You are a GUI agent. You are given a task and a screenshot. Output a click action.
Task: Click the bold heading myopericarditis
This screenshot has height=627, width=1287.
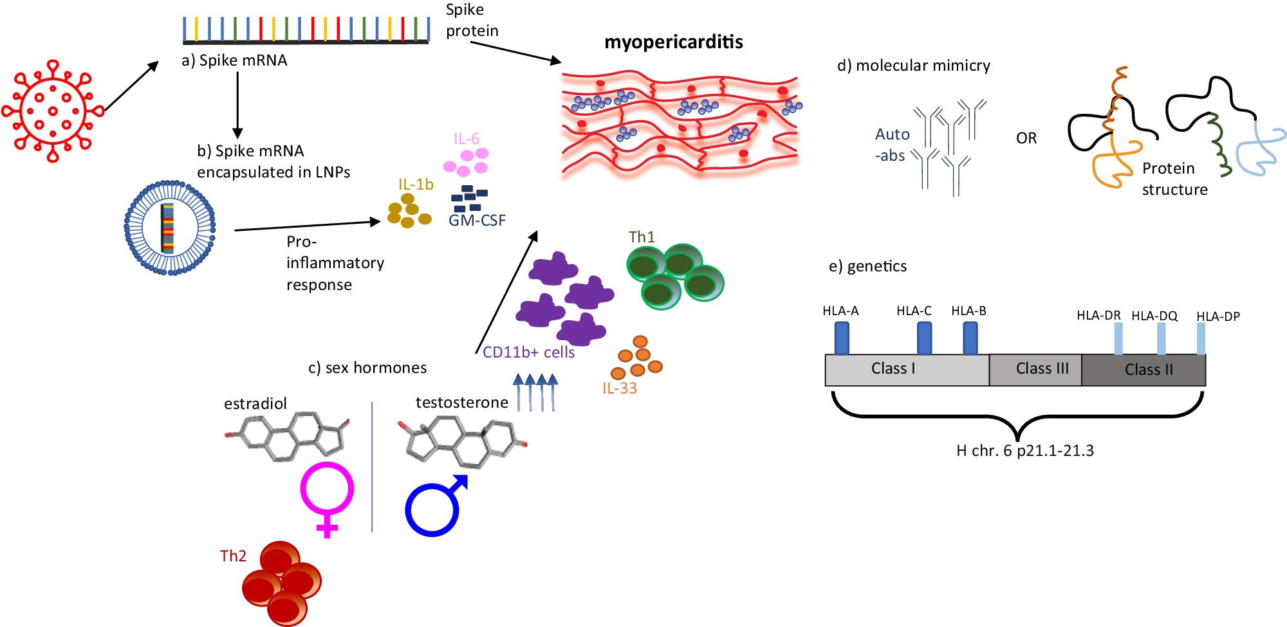[x=673, y=42]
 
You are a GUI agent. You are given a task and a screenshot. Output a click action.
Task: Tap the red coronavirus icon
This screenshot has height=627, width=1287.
[x=53, y=111]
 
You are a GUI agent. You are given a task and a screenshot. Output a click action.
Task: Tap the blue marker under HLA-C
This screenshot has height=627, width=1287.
[x=924, y=338]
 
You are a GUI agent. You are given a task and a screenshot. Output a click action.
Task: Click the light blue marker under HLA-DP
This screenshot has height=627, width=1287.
[x=1201, y=338]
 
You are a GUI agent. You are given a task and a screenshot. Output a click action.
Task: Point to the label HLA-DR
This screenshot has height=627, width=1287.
[x=1098, y=316]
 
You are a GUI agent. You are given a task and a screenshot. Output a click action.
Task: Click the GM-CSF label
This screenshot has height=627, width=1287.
[x=477, y=221]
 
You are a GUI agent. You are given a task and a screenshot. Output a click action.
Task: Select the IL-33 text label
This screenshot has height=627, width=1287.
[x=619, y=388]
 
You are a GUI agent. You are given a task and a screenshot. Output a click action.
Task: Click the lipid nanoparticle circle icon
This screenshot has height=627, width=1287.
[x=169, y=228]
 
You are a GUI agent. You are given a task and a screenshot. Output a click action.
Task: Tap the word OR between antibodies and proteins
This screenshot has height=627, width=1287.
[x=1026, y=139]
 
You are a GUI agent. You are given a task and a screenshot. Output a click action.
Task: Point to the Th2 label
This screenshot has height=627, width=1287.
[x=233, y=556]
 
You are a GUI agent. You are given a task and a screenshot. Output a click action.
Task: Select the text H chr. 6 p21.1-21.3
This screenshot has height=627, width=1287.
[x=1024, y=451]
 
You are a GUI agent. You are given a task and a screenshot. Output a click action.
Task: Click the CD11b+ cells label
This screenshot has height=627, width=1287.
[x=528, y=352]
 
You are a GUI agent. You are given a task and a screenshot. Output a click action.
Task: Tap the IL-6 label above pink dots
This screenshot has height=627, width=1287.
[x=467, y=139]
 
